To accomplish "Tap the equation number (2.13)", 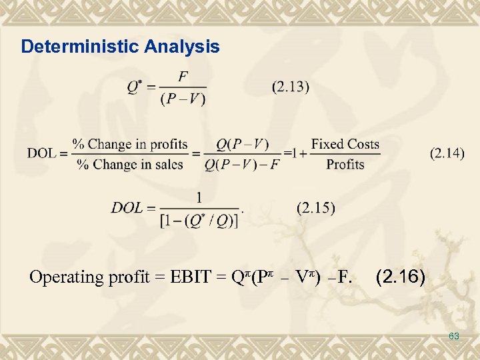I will point(291,87).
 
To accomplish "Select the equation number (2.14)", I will point(447,153).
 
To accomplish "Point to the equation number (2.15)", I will point(316,208).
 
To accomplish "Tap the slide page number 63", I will point(454,337).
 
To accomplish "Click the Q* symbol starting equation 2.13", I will point(135,87).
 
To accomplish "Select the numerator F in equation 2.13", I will point(183,75).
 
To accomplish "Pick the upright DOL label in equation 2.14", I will point(42,153).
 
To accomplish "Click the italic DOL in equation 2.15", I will point(128,208).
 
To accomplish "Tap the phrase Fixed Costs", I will point(345,144).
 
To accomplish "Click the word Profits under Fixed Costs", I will point(345,164).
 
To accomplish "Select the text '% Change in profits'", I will point(130,144).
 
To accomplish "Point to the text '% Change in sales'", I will point(130,164).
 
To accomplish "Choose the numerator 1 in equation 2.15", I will point(199,197).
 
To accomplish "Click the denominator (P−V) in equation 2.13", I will point(183,99).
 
